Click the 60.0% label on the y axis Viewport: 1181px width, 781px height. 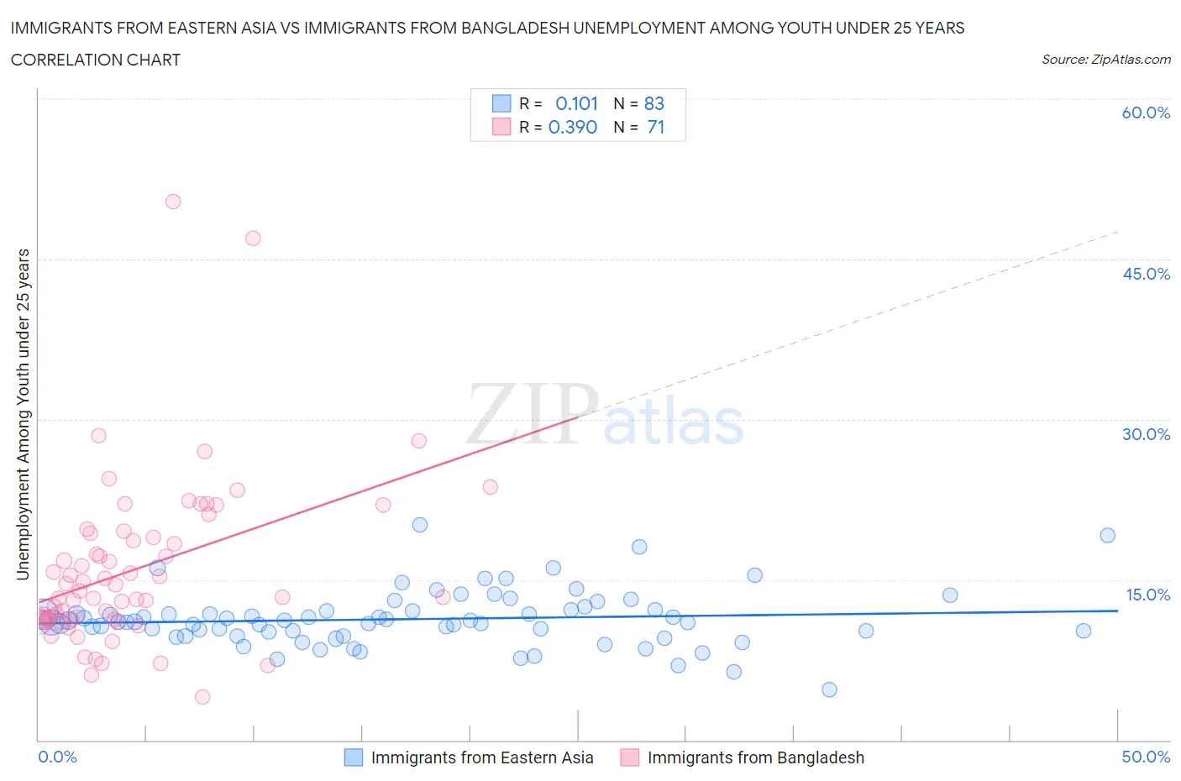pyautogui.click(x=1146, y=113)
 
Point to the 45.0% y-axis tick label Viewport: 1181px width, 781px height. pyautogui.click(x=1146, y=274)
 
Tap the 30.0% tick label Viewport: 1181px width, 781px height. pyautogui.click(x=1146, y=434)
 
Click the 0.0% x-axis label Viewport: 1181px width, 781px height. pyautogui.click(x=57, y=757)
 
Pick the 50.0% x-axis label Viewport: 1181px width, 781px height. pyautogui.click(x=1146, y=757)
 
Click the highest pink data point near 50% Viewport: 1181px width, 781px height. pyautogui.click(x=173, y=202)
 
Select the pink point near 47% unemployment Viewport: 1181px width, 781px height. pyautogui.click(x=253, y=238)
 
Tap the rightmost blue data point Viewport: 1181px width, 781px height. pyautogui.click(x=1108, y=536)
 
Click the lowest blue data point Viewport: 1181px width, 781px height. pyautogui.click(x=829, y=689)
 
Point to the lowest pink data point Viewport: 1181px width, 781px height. pyautogui.click(x=202, y=697)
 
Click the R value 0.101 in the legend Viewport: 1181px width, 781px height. pyautogui.click(x=576, y=103)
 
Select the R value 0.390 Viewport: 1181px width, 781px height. pyautogui.click(x=573, y=127)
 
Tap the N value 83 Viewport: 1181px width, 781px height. pyautogui.click(x=653, y=103)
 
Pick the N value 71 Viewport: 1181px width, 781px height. pyautogui.click(x=656, y=127)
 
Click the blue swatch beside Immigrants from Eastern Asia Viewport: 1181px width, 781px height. pyautogui.click(x=354, y=757)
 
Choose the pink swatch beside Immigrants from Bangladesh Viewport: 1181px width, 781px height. pyautogui.click(x=630, y=757)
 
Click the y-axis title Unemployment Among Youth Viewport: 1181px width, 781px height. pyautogui.click(x=24, y=415)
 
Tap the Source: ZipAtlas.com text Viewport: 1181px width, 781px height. pyautogui.click(x=1105, y=60)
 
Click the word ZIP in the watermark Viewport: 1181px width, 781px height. pyautogui.click(x=533, y=414)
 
